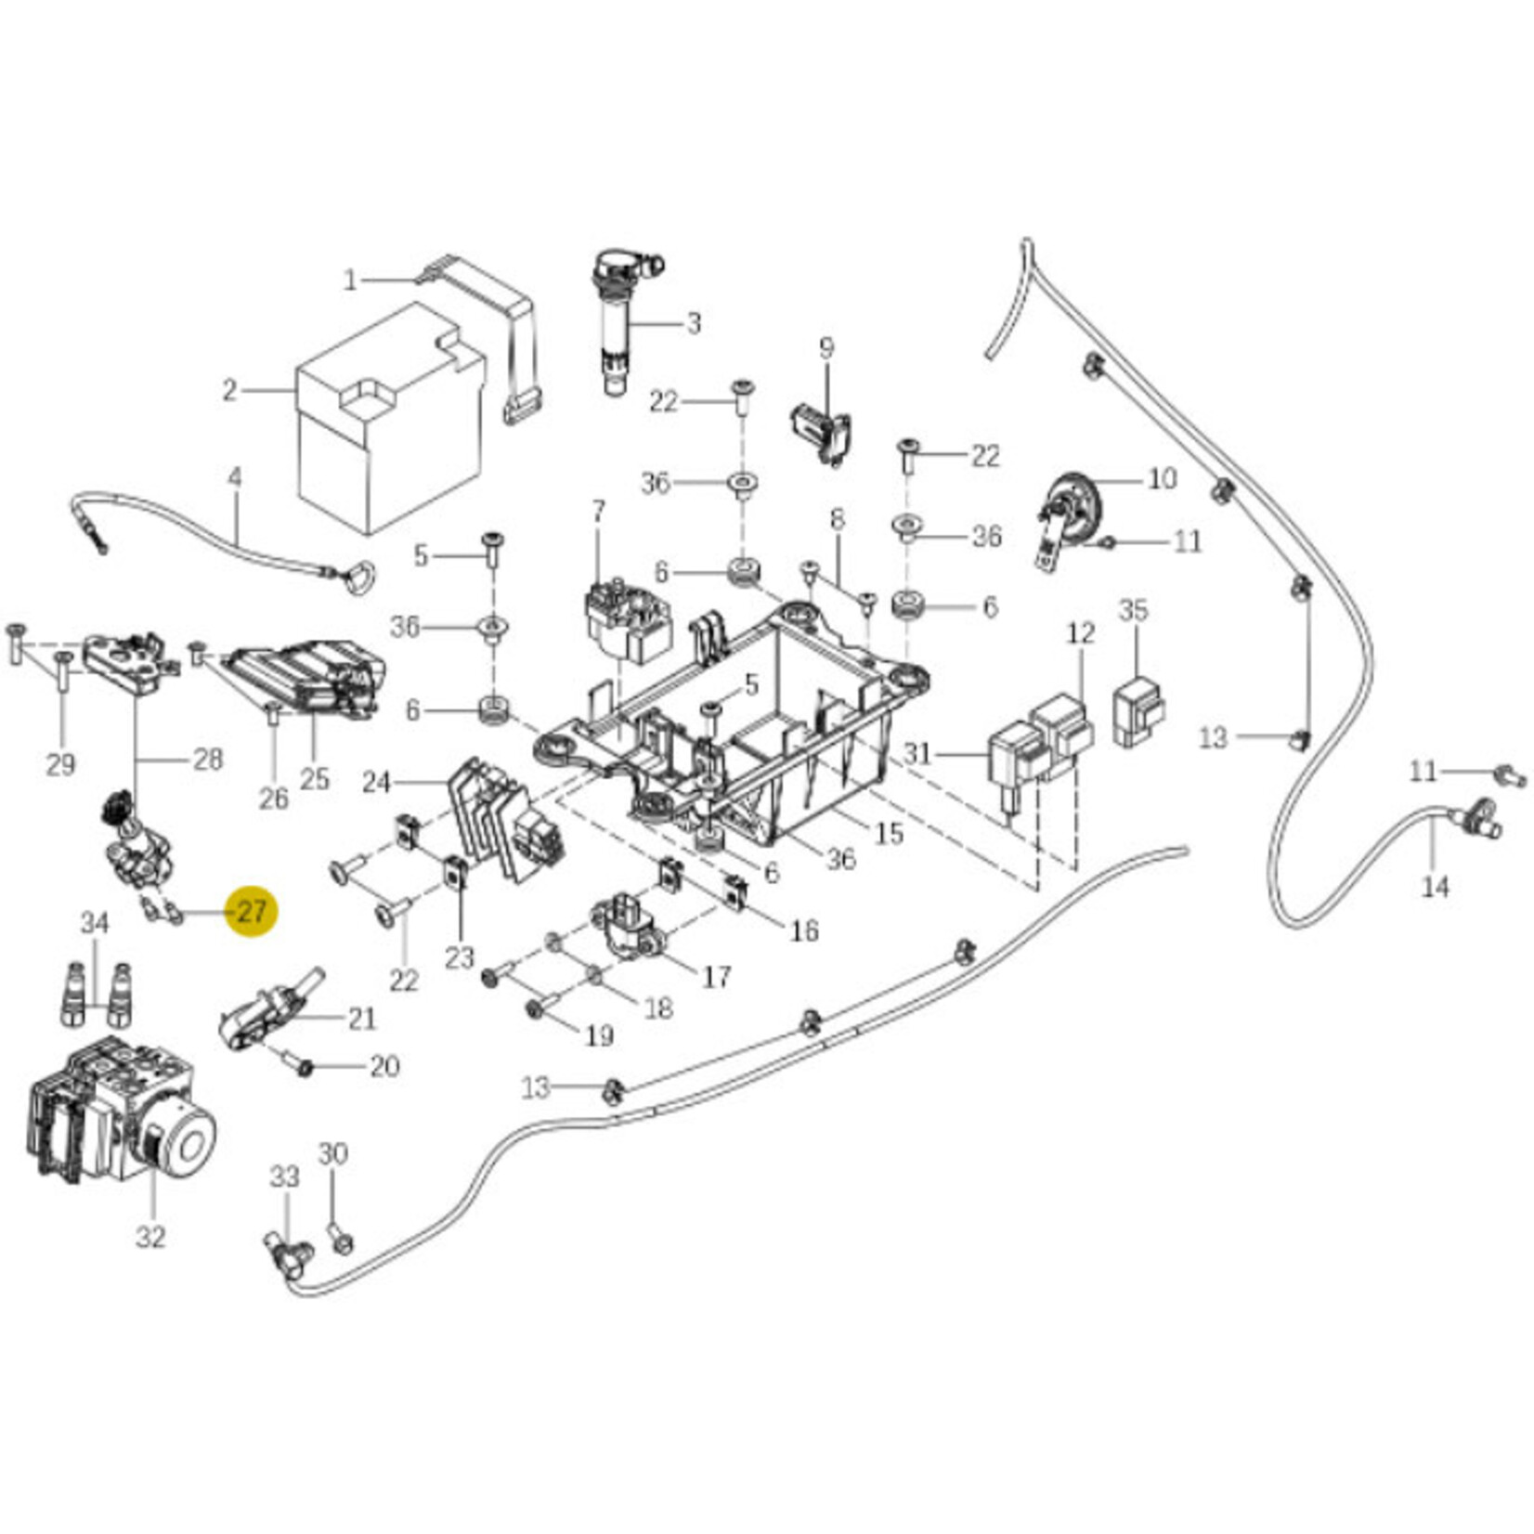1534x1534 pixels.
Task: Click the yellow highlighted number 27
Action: (x=251, y=911)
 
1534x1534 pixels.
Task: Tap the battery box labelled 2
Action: (x=390, y=427)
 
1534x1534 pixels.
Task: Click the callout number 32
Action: (x=150, y=1237)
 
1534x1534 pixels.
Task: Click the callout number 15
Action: (x=889, y=833)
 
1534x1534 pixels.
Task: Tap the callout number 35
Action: (x=1133, y=610)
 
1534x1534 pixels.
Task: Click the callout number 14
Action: (x=1435, y=887)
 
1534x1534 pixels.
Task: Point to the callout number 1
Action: (x=350, y=279)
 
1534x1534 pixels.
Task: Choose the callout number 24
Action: (x=375, y=783)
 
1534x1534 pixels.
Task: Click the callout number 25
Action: (x=314, y=778)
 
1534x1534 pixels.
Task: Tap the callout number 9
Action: (x=825, y=348)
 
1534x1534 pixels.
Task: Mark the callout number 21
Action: (x=361, y=1019)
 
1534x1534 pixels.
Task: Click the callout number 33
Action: (x=285, y=1176)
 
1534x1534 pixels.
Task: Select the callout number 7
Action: (x=598, y=510)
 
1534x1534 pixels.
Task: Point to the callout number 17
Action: (x=716, y=976)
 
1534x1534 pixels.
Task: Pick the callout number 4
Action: (x=235, y=478)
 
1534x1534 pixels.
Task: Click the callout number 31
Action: (x=916, y=752)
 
